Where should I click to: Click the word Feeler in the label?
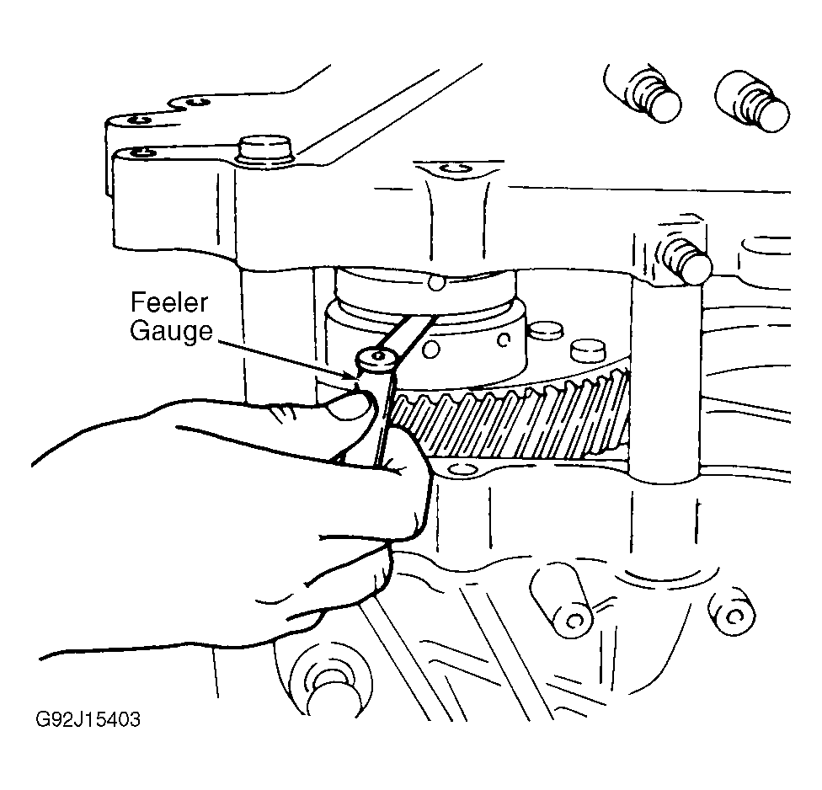click(x=168, y=302)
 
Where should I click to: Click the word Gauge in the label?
click(x=172, y=331)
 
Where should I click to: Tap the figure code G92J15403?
click(x=88, y=719)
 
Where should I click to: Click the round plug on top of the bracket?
click(x=264, y=151)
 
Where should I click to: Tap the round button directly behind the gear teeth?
click(x=587, y=350)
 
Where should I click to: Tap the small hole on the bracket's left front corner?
click(x=142, y=153)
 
